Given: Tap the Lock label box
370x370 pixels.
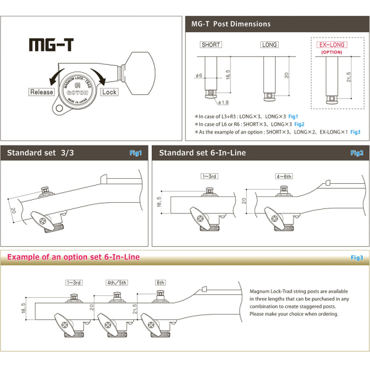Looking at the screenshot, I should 109,92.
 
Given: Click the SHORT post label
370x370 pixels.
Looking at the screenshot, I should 211,45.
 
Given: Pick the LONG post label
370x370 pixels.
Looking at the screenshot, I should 269,45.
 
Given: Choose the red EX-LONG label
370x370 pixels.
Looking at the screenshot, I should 332,45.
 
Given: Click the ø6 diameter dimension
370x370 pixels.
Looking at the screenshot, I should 199,75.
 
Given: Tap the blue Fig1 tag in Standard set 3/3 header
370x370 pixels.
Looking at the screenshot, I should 136,152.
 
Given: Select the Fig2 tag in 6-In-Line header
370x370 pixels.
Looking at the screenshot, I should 357,152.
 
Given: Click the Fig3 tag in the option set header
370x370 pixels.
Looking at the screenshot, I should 356,257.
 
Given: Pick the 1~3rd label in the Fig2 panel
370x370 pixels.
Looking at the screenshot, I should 209,176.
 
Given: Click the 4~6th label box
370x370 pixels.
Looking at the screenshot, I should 284,176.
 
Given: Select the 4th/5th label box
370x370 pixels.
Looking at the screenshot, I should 117,282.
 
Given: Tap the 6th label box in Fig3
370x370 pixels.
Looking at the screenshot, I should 160,282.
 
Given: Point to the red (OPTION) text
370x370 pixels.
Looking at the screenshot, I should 332,53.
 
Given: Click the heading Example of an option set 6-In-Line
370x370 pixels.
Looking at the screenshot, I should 73,257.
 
